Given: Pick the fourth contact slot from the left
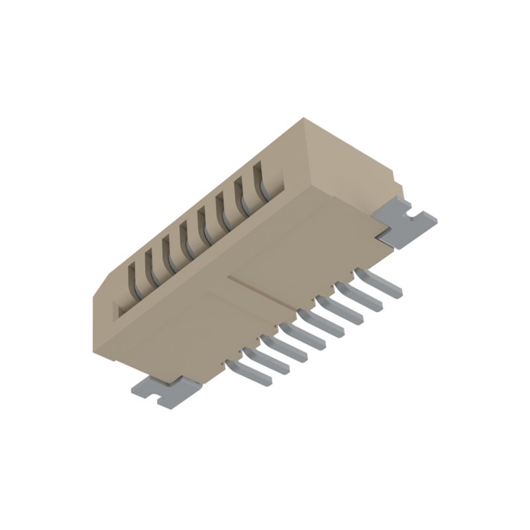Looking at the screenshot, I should click(x=187, y=237).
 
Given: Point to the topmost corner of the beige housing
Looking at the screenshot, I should click(x=303, y=119).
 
